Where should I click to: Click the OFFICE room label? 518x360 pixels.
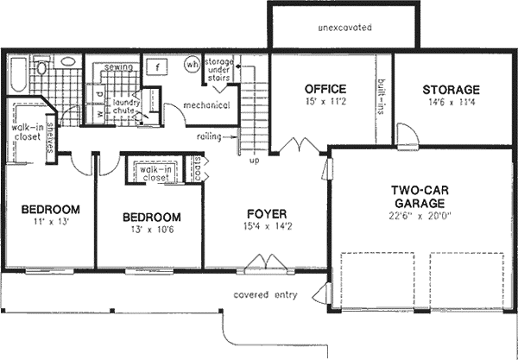coord(325,89)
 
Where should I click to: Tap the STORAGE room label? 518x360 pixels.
coord(451,90)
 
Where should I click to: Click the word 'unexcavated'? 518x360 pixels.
coord(345,28)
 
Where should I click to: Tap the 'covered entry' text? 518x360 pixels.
coord(265,294)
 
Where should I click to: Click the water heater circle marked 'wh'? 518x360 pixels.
coord(192,65)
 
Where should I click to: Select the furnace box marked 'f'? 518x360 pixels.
coord(158,66)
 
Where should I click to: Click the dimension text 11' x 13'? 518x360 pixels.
coord(50,223)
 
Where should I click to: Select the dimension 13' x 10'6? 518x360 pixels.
coord(151,231)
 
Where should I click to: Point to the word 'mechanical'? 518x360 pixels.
coord(206,106)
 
